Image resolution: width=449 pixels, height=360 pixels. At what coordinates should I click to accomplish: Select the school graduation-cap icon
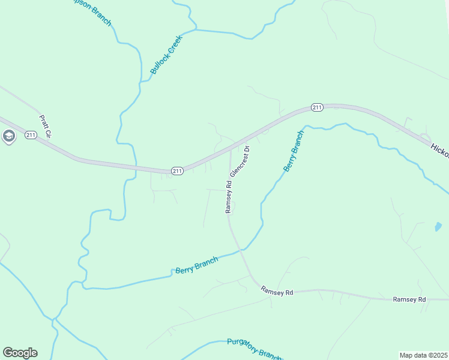8,137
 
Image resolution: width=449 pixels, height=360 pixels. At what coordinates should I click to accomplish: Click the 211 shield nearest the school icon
31,135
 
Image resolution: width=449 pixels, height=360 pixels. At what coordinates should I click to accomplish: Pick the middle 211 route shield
177,171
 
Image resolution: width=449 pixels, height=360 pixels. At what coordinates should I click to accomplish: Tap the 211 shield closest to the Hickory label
318,107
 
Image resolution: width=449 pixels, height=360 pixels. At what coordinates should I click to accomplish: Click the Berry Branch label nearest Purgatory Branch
196,265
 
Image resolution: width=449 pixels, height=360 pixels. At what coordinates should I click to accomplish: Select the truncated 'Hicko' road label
439,150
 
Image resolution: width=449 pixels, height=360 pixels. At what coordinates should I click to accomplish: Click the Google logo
20,353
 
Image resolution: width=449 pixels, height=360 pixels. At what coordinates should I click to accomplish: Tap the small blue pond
438,227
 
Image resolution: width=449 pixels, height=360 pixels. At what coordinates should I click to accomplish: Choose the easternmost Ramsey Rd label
409,299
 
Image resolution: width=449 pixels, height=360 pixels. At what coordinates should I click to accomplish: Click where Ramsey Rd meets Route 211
231,148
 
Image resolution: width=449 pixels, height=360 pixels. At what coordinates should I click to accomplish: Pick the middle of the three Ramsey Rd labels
277,291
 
